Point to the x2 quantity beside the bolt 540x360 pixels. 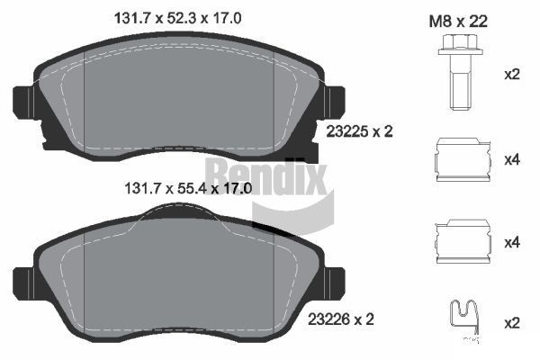(x=511, y=74)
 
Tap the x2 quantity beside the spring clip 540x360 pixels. (x=511, y=322)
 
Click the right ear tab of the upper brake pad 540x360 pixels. (x=334, y=103)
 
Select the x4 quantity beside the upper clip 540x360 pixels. (x=511, y=160)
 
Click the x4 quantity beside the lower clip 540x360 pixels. (x=511, y=242)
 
